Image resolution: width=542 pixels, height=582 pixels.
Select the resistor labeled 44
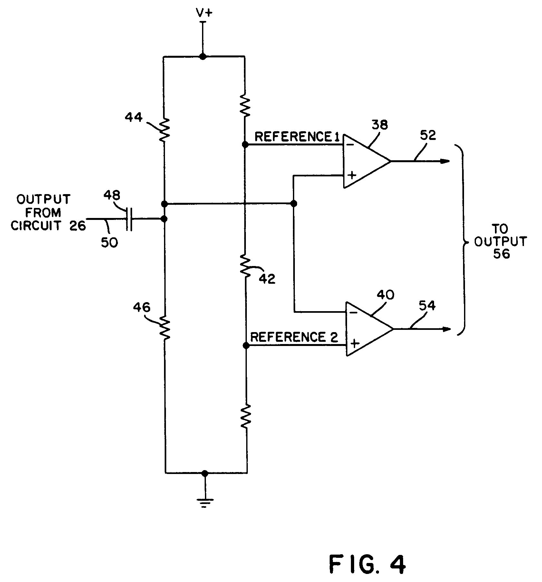[164, 130]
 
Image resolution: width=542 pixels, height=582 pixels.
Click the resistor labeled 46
[165, 328]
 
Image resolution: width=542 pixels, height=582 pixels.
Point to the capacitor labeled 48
[129, 219]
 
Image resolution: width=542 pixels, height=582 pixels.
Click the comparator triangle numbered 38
[364, 161]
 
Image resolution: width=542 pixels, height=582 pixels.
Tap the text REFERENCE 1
[297, 137]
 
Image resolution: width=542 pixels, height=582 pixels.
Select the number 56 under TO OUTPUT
[502, 254]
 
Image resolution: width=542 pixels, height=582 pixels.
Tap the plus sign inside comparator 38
[352, 175]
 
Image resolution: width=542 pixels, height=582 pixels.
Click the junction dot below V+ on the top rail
[202, 57]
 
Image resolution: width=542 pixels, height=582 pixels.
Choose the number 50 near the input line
[109, 242]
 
